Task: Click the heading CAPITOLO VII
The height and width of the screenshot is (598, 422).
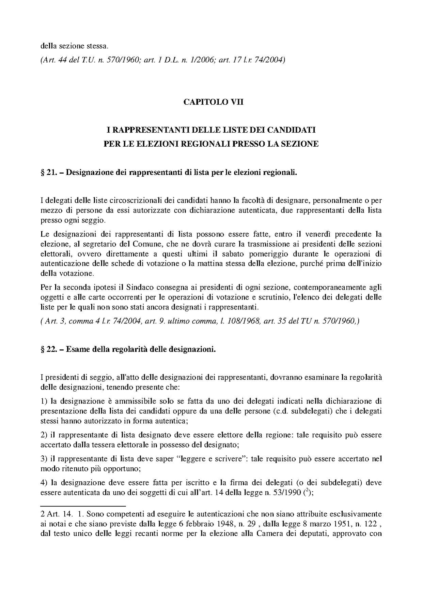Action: tap(213, 102)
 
